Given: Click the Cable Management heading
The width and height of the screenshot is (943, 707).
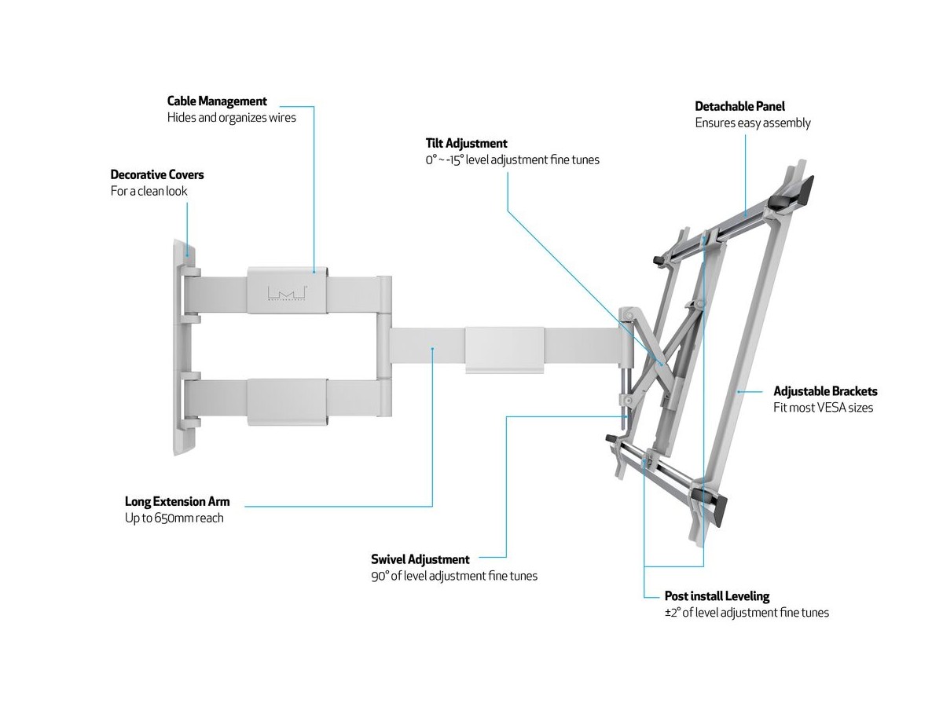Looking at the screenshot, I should coord(217,101).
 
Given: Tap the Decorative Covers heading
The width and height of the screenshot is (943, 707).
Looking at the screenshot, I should coord(157,174).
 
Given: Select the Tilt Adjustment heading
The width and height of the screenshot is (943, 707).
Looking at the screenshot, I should coord(466,144).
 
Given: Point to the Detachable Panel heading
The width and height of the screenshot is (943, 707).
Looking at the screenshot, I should coord(739,106).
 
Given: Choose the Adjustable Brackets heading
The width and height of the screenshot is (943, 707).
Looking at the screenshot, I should coord(825,391).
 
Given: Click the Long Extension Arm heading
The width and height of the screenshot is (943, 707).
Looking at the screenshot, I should coord(178,501).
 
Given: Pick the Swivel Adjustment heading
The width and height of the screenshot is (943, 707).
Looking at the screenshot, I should coord(420,559).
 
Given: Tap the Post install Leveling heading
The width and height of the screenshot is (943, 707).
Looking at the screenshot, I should coord(717,596).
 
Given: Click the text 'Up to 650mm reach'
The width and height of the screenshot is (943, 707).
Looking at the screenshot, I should coord(174,518).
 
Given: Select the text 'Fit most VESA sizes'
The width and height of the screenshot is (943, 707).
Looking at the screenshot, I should coord(823,408).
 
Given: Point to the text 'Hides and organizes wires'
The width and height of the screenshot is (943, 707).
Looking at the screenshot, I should coord(232,118).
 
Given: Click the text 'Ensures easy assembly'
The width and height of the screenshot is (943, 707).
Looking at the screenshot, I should coord(752,123).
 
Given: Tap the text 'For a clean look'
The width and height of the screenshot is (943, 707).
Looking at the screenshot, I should coord(149,191).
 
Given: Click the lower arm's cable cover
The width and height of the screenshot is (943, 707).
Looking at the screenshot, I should coord(287,402).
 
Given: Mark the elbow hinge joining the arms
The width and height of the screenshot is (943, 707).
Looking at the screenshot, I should coord(383,346).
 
